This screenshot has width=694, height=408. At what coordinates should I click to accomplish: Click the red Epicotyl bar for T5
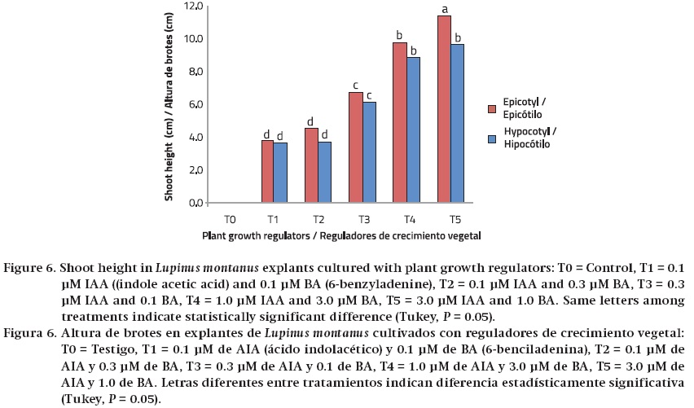[x=445, y=109]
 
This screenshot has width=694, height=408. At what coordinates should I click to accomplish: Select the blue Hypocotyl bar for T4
[x=413, y=129]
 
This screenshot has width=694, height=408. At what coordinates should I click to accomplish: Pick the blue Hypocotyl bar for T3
[x=369, y=152]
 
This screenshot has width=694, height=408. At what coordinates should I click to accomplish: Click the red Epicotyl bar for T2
[x=312, y=165]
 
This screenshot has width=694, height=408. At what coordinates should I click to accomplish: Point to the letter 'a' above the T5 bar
[x=445, y=10]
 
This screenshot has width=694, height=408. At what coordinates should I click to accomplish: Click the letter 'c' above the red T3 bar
[x=356, y=86]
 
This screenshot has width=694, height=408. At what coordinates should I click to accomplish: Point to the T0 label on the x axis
[x=231, y=219]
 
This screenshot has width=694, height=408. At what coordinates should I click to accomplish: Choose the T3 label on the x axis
[x=362, y=219]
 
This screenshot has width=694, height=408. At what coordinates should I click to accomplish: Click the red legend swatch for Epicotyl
[x=492, y=107]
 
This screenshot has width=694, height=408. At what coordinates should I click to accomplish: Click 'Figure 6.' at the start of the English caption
[x=32, y=268]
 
